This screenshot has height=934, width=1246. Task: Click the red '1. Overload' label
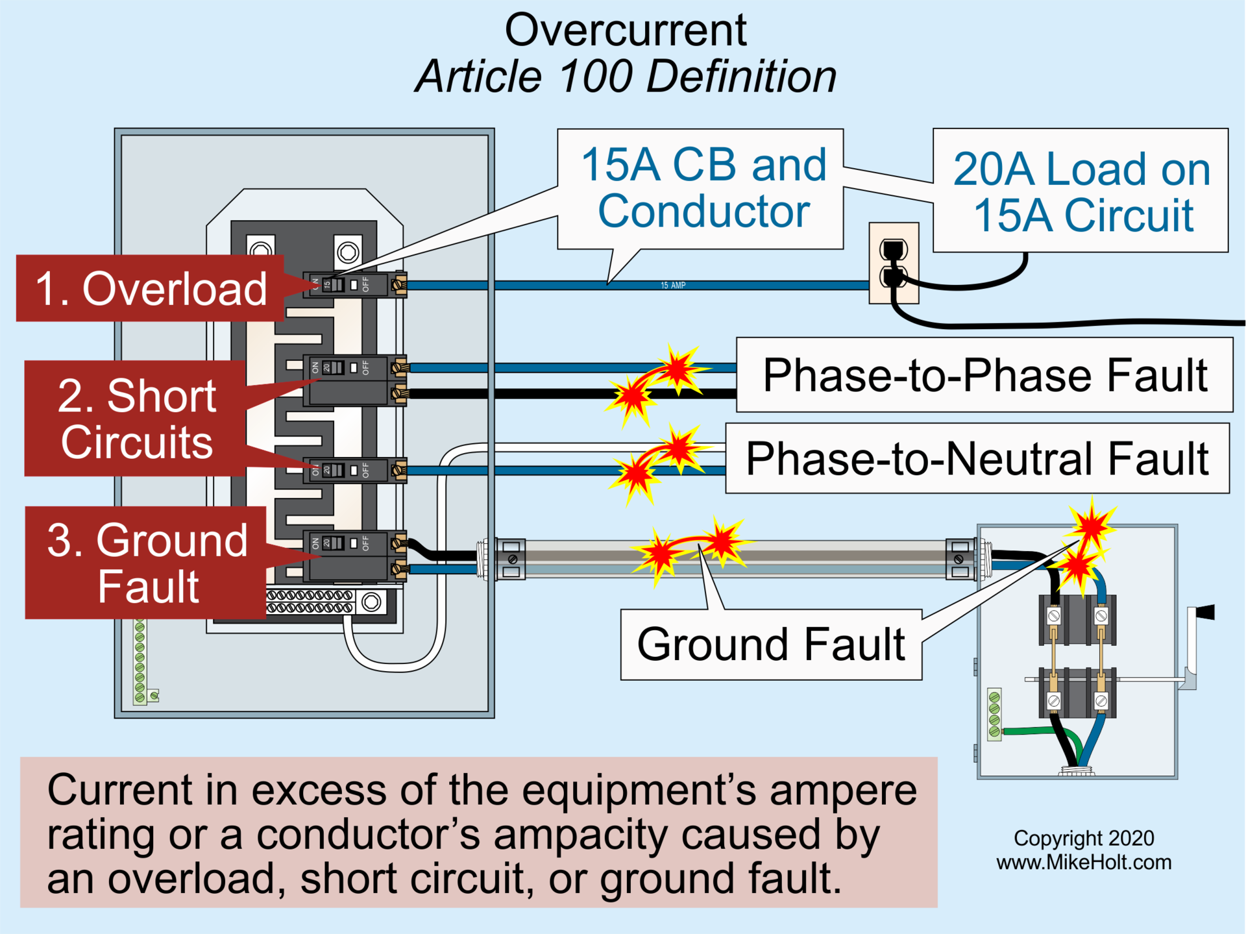[x=150, y=288]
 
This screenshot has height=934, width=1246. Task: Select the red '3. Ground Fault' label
[x=146, y=562]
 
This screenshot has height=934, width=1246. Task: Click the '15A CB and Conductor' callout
[x=702, y=188]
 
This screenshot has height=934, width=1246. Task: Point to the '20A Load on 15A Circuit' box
[x=1081, y=191]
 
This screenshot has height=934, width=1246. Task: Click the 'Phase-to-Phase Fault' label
[x=984, y=375]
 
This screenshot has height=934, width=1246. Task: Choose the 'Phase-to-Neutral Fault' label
[x=977, y=458]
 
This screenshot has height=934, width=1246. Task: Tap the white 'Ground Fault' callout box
[x=770, y=645]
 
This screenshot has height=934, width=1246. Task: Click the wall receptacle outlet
[x=894, y=263]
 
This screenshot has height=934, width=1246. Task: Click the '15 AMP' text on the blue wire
[x=673, y=286]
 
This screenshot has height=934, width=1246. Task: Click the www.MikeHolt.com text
[x=1083, y=862]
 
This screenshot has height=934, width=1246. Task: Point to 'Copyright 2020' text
[x=1083, y=838]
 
